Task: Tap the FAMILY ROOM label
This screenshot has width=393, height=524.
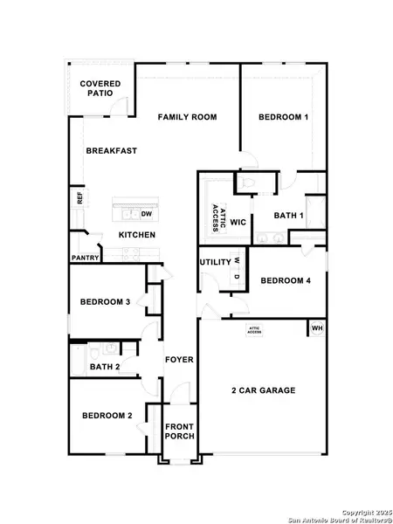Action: [188, 117]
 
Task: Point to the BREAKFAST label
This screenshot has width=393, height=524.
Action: [111, 151]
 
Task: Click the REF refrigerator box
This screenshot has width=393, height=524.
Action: [79, 199]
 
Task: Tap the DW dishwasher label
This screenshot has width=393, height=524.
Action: [147, 214]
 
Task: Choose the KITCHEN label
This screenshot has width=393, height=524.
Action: [137, 236]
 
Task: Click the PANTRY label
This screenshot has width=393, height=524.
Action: [85, 259]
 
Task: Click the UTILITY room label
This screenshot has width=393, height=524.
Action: [215, 262]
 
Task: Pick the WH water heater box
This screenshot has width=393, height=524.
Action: [317, 328]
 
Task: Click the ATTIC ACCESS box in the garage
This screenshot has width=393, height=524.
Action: [254, 330]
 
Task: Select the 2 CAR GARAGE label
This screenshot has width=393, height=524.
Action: [263, 390]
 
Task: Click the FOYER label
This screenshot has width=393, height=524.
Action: [180, 360]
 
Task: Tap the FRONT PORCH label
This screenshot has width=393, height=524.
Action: [180, 433]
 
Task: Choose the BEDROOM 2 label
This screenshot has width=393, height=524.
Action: [107, 416]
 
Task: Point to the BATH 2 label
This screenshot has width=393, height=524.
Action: [106, 368]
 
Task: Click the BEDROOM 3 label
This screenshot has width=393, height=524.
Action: [105, 302]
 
